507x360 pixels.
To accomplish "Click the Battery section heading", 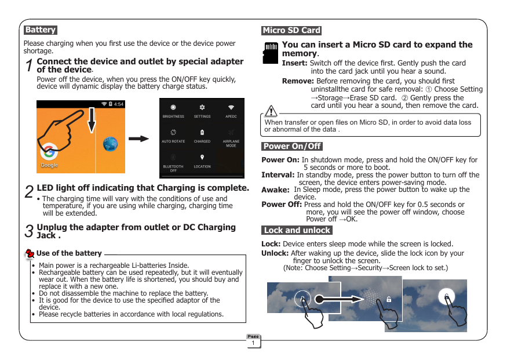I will pos(40,30).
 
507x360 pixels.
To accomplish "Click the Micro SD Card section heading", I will pos(291,31).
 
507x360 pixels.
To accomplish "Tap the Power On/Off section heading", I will pos(292,146).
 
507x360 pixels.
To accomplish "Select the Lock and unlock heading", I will pos(297,230).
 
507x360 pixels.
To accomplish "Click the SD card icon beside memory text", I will pos(270,52).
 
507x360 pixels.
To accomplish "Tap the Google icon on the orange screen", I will pos(49,152).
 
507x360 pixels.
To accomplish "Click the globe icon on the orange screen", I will pos(110,144).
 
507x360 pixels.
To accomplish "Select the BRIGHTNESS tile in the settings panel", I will pos(173,111).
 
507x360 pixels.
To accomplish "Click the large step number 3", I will pos(28,232).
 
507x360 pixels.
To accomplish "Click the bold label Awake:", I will pos(275,190).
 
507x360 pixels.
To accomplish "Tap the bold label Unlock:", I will pos(275,253).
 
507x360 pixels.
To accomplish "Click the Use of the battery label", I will pos(69,253).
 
